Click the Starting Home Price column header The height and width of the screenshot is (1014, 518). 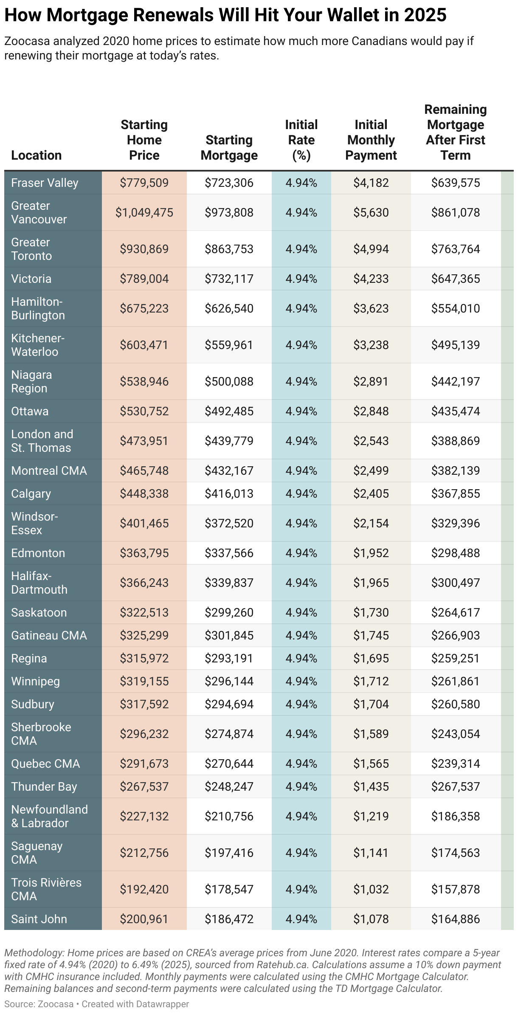point(144,140)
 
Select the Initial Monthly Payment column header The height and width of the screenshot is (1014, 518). point(371,140)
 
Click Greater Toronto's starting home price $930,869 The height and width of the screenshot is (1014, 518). point(144,249)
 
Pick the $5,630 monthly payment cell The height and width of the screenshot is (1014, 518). point(371,212)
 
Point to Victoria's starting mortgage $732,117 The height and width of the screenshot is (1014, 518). point(229,279)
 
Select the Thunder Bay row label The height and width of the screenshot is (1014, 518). point(44,786)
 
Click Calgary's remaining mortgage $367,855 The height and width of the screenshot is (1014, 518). point(456,493)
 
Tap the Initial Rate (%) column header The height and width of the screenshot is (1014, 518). point(301,140)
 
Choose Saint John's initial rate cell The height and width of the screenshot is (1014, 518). point(301,919)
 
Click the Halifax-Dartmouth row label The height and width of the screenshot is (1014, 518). point(39,583)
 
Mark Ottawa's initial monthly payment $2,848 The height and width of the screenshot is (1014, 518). point(371,411)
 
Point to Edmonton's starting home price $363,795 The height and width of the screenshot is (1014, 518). point(144,553)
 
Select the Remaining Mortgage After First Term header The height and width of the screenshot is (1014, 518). point(456,132)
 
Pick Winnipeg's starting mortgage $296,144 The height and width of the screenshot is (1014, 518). point(229,681)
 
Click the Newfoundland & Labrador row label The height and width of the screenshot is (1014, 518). point(49,816)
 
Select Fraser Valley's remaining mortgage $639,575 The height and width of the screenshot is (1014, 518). point(456,183)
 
